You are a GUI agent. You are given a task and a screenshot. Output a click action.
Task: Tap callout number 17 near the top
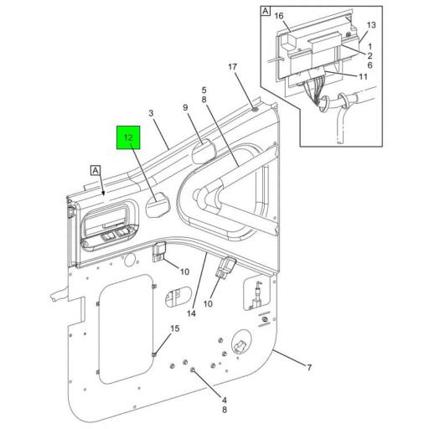click(233, 67)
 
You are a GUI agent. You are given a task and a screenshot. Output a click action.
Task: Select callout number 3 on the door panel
click(152, 114)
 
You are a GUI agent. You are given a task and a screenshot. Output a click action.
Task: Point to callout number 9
click(186, 107)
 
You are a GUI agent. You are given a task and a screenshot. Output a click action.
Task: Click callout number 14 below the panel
click(192, 313)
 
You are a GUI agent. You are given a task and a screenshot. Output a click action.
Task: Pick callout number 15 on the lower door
click(174, 328)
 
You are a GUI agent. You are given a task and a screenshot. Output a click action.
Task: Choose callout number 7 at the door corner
click(308, 368)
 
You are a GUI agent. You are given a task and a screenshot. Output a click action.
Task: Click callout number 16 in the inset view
click(279, 15)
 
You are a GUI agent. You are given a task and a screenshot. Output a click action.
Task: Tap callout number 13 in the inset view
click(372, 26)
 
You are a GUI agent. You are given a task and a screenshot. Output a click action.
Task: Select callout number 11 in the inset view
click(364, 76)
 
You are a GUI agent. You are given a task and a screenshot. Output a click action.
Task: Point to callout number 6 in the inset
click(371, 64)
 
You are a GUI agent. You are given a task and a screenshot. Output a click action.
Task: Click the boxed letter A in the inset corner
click(266, 12)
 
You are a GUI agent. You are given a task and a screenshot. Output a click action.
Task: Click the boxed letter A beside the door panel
click(95, 169)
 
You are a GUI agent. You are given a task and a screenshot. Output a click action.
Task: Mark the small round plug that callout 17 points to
click(254, 108)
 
